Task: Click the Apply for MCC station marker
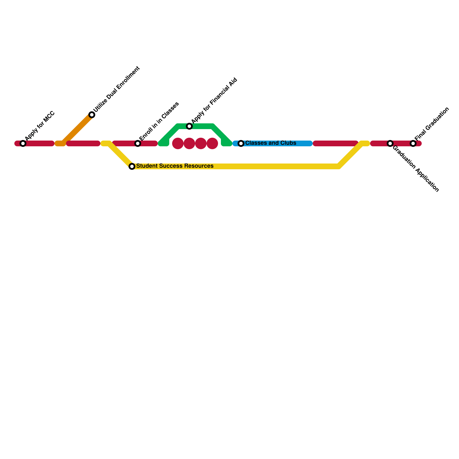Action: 23,143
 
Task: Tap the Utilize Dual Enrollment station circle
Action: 92,115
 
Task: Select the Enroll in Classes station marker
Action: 138,143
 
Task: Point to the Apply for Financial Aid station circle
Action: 189,126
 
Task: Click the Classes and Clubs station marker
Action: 241,143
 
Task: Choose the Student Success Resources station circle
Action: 132,166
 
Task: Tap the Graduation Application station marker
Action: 390,143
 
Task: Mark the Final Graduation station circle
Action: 413,143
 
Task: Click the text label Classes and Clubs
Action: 271,143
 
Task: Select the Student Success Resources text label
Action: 175,166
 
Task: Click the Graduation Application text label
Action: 415,169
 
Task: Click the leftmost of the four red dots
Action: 178,143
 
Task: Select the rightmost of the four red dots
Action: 212,143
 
